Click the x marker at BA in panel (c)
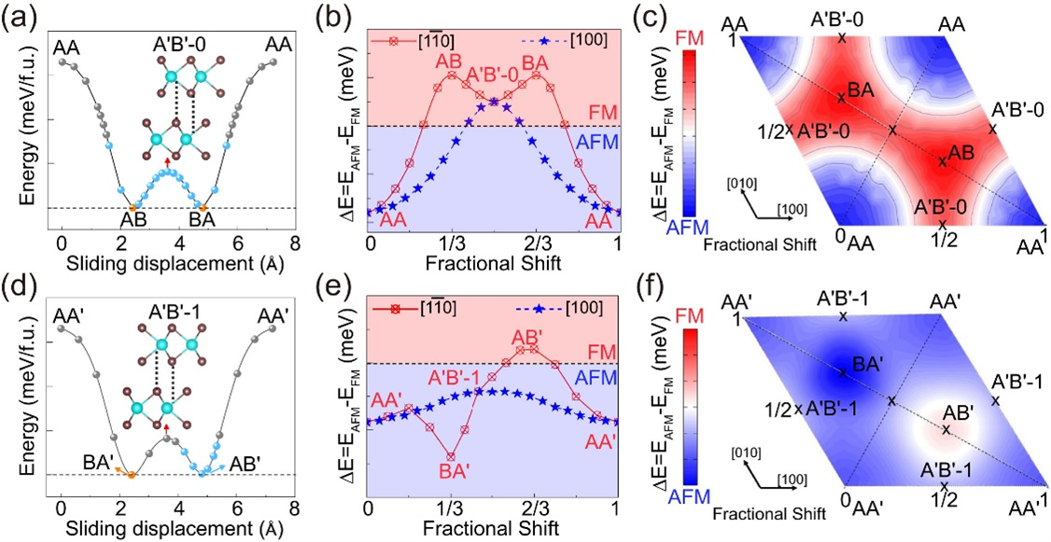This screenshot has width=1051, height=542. [x=841, y=96]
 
